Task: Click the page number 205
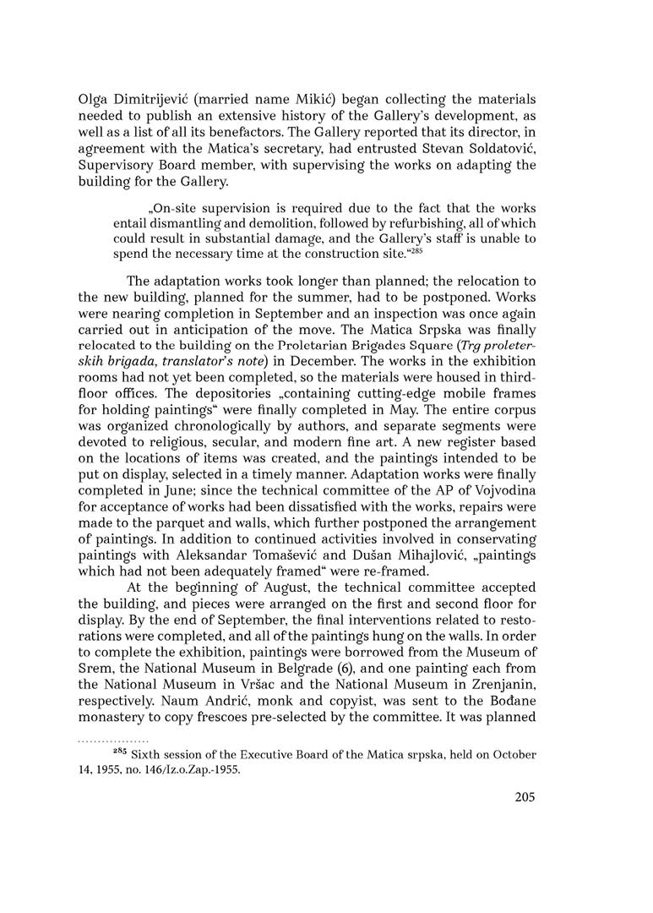coord(525,797)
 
